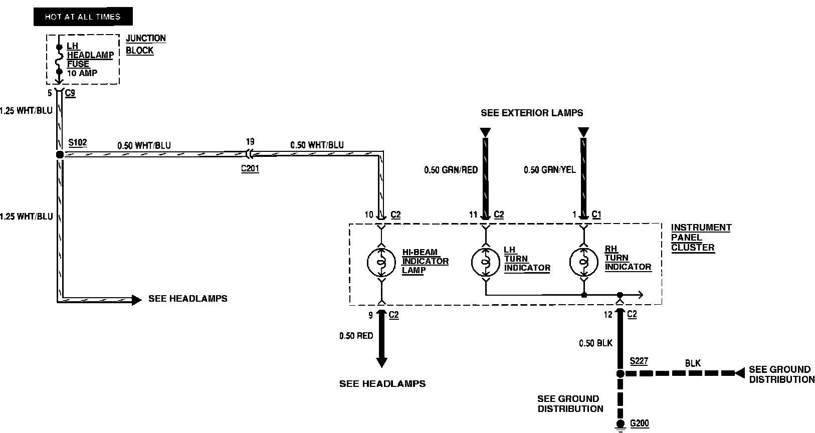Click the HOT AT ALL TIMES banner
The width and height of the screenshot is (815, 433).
point(83,17)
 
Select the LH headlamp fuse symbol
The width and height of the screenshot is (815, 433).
point(59,60)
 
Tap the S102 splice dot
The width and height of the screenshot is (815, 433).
point(60,154)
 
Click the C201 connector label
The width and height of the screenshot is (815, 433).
point(250,168)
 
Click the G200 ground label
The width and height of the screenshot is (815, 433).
point(639,423)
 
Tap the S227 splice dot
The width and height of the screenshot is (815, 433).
point(620,374)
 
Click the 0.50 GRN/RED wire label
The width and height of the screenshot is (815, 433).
point(451,170)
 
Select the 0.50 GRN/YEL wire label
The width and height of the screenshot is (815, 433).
point(550,170)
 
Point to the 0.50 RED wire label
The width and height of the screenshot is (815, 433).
point(356,336)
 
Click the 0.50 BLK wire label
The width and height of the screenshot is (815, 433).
point(595,343)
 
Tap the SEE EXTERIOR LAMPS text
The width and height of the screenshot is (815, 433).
point(532,113)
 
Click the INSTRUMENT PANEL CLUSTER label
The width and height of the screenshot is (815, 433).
point(701,237)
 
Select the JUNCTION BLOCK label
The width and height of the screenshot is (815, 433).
point(145,44)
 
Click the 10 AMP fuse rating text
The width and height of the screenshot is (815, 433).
point(82,73)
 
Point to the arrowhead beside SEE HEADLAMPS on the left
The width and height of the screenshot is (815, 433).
point(136,300)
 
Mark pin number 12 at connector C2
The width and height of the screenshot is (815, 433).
point(608,315)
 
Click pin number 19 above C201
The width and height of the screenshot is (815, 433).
point(251,141)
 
